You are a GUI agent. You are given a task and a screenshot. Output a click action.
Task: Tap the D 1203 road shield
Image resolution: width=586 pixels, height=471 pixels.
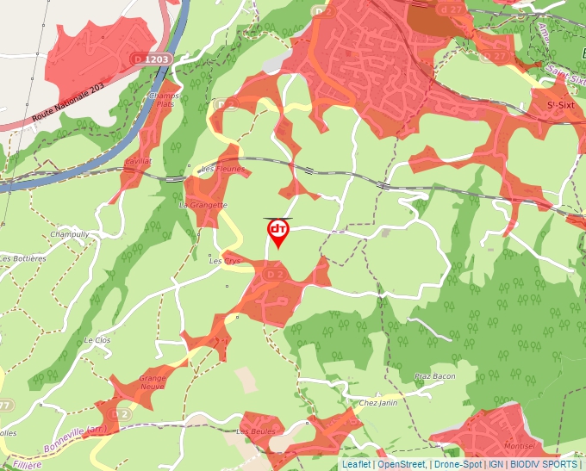153,59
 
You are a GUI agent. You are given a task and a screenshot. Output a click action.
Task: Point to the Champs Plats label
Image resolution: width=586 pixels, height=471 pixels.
164,100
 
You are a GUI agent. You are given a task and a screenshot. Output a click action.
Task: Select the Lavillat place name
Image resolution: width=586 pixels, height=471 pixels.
139,161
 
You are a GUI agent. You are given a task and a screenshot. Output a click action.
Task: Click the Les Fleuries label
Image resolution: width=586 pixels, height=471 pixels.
222,170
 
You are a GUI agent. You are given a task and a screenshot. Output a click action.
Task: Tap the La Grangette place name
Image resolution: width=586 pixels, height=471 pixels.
203,206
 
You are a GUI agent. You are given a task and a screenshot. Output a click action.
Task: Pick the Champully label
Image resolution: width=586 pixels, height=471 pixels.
70,234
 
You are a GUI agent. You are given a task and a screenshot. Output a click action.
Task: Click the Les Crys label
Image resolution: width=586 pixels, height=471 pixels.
225,261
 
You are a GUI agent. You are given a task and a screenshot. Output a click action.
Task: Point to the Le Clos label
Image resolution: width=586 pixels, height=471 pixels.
97,341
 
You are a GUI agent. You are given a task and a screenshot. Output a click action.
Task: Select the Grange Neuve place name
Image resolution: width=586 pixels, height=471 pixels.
153,381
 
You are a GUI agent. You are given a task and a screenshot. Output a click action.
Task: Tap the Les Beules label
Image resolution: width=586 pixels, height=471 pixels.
256,431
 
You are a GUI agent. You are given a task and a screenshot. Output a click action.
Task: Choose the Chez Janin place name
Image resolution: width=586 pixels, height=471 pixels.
378,403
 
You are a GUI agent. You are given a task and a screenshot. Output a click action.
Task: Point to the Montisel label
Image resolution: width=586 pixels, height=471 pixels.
519,445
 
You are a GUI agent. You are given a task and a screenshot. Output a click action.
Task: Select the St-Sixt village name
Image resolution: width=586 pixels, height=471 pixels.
561,105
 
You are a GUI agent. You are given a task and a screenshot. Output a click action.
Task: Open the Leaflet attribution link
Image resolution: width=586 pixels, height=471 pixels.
356,464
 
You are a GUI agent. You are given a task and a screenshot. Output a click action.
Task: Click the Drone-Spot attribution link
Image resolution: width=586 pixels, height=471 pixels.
458,464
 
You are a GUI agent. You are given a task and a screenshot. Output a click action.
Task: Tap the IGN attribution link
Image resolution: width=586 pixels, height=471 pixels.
496,464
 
